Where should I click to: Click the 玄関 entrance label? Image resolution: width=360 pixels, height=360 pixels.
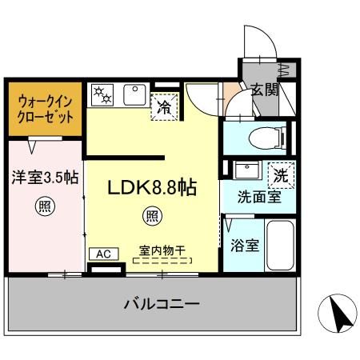coord(264,90)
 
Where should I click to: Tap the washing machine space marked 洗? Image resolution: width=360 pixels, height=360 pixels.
coord(282,174)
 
